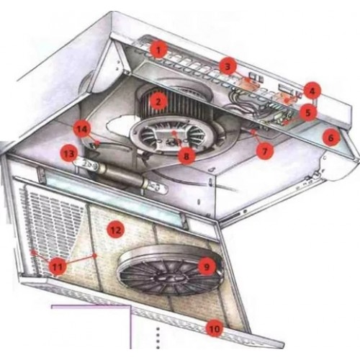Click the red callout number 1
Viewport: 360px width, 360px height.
(158, 50)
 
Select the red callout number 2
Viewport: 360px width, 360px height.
(158, 101)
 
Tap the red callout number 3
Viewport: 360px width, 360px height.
(228, 66)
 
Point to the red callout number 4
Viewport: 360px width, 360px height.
(312, 91)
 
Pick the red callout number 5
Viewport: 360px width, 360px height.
(308, 112)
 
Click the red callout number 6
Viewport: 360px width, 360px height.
(330, 138)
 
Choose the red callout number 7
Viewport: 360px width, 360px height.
(264, 151)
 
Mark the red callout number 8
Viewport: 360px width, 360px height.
(186, 156)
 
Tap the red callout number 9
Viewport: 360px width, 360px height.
(207, 266)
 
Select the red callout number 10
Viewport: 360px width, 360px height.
(215, 328)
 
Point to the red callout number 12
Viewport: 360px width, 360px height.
(116, 230)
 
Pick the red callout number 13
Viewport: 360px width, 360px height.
(69, 154)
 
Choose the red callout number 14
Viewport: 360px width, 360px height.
(82, 129)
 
